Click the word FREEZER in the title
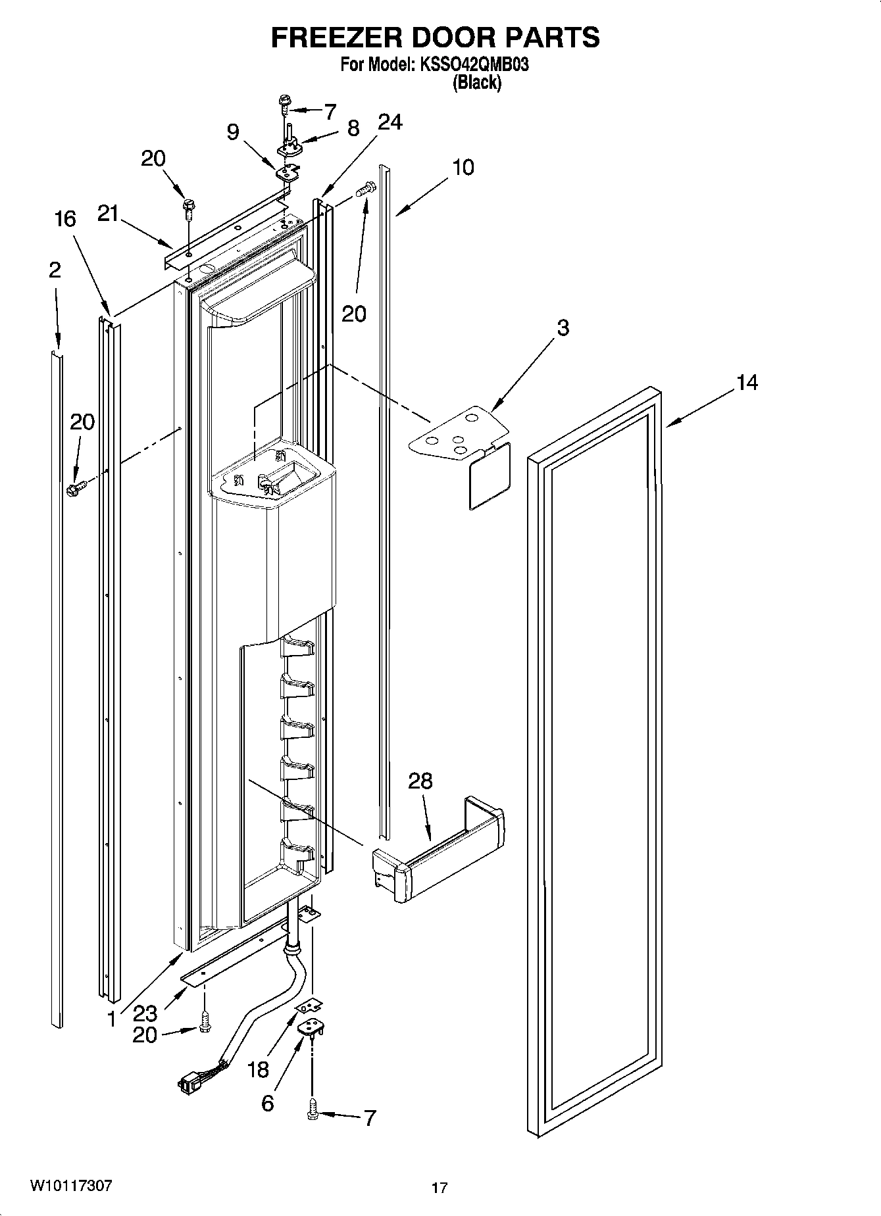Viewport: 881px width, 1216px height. click(334, 37)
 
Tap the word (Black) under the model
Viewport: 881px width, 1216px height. click(478, 83)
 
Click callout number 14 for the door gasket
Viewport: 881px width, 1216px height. click(747, 382)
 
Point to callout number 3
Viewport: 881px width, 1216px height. click(563, 328)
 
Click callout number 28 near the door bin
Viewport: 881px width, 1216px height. click(420, 781)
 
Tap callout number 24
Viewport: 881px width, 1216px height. click(390, 122)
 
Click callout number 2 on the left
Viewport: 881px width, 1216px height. click(55, 270)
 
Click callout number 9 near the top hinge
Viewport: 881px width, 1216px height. click(233, 132)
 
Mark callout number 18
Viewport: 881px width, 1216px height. click(259, 1069)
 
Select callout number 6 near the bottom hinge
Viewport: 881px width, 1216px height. click(267, 1102)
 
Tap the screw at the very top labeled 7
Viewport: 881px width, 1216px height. click(285, 101)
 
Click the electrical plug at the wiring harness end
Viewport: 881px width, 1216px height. click(189, 1082)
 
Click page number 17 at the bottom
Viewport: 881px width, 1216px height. click(440, 1188)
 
